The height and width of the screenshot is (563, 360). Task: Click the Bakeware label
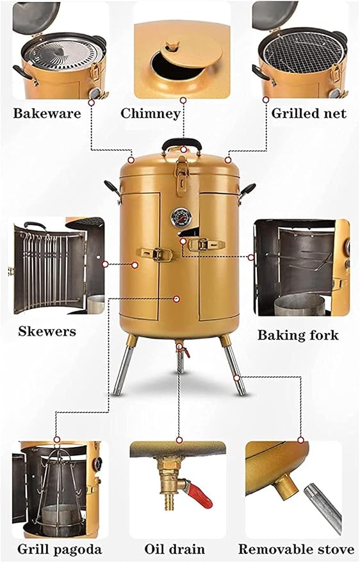point(47,113)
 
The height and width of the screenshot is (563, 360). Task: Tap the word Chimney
point(151,113)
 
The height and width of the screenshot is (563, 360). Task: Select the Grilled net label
point(309,113)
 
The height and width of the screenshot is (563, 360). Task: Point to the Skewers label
point(47,331)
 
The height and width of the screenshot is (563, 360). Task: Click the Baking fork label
point(298,335)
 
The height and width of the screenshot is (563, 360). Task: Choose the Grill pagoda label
point(60,550)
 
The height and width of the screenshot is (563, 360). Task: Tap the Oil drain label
point(174,550)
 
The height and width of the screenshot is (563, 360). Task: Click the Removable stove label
point(297,550)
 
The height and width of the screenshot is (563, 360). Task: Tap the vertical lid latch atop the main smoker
point(182,176)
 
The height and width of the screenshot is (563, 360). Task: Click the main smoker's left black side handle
point(112,189)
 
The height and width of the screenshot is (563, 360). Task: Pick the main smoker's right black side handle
point(247,191)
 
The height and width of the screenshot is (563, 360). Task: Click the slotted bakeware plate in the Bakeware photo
point(63,54)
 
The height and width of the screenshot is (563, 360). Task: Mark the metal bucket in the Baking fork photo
point(299,304)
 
